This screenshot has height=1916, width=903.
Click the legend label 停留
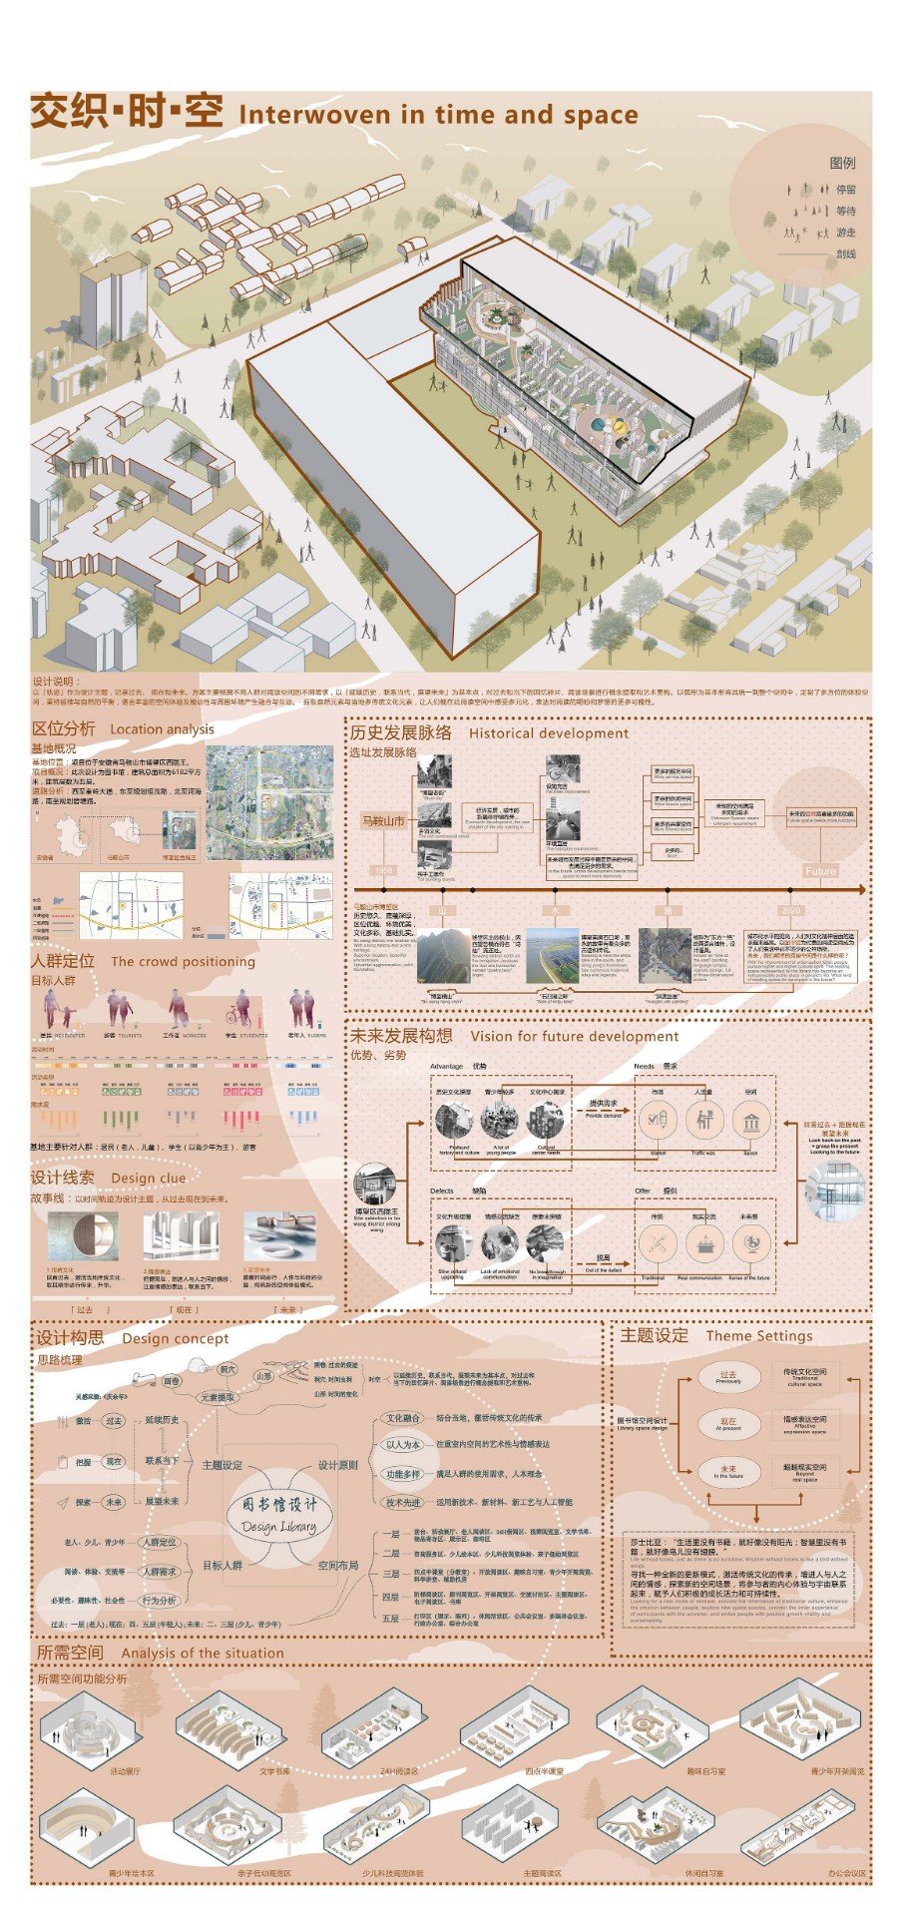point(845,190)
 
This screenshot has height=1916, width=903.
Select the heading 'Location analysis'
point(162,729)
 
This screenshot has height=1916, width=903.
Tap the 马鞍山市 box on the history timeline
point(383,821)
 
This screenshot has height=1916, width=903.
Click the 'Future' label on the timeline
point(820,871)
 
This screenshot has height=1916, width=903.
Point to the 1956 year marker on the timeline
point(384,871)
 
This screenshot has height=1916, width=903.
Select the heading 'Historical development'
point(549,733)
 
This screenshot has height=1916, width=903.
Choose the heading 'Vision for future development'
point(574,1037)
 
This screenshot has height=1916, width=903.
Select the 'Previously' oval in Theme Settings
point(728,1377)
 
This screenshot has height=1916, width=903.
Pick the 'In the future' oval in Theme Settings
point(728,1471)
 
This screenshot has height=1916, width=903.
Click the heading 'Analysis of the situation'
point(203,1654)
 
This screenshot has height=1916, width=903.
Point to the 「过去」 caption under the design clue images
point(85,1310)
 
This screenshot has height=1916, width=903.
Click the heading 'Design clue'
point(149,1179)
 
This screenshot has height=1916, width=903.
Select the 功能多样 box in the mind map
point(403,1474)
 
